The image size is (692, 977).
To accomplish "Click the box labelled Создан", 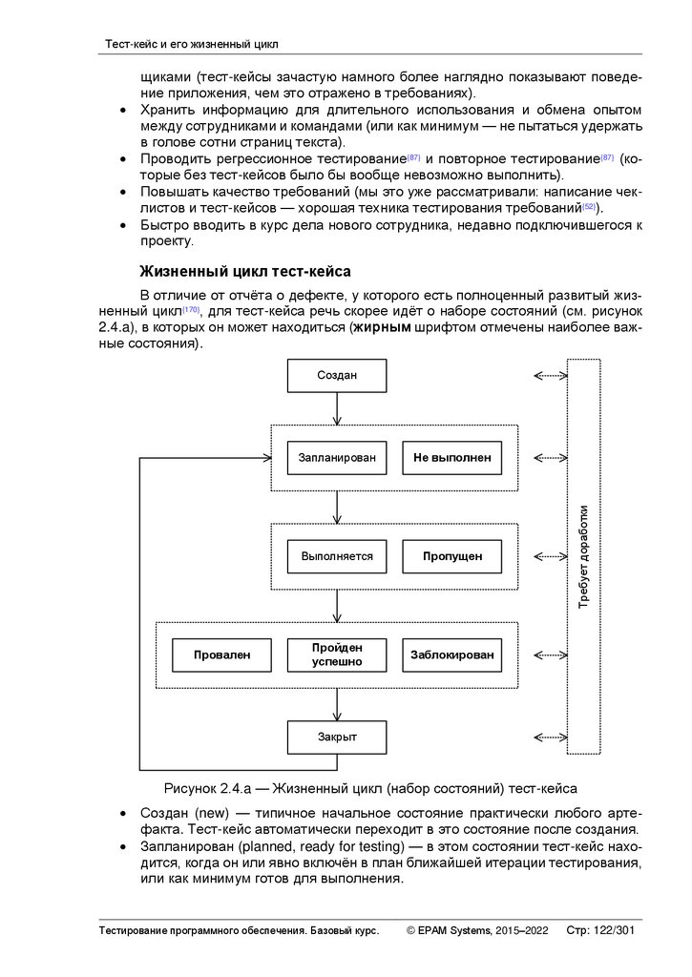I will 337,376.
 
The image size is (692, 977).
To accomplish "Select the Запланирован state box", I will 337,458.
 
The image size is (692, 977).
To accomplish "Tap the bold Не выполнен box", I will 451,458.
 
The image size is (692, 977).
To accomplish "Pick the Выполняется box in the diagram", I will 337,556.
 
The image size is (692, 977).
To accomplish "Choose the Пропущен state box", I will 451,556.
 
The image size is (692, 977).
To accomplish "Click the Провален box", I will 221,655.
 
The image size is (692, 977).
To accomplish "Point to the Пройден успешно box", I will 337,655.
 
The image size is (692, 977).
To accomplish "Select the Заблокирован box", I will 451,655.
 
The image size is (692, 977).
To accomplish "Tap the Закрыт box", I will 337,738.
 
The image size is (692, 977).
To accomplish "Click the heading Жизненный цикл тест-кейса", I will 245,270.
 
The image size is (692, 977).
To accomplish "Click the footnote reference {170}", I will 191,310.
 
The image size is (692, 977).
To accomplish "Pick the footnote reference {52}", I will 589,206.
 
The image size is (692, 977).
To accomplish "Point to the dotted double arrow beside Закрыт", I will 550,738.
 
